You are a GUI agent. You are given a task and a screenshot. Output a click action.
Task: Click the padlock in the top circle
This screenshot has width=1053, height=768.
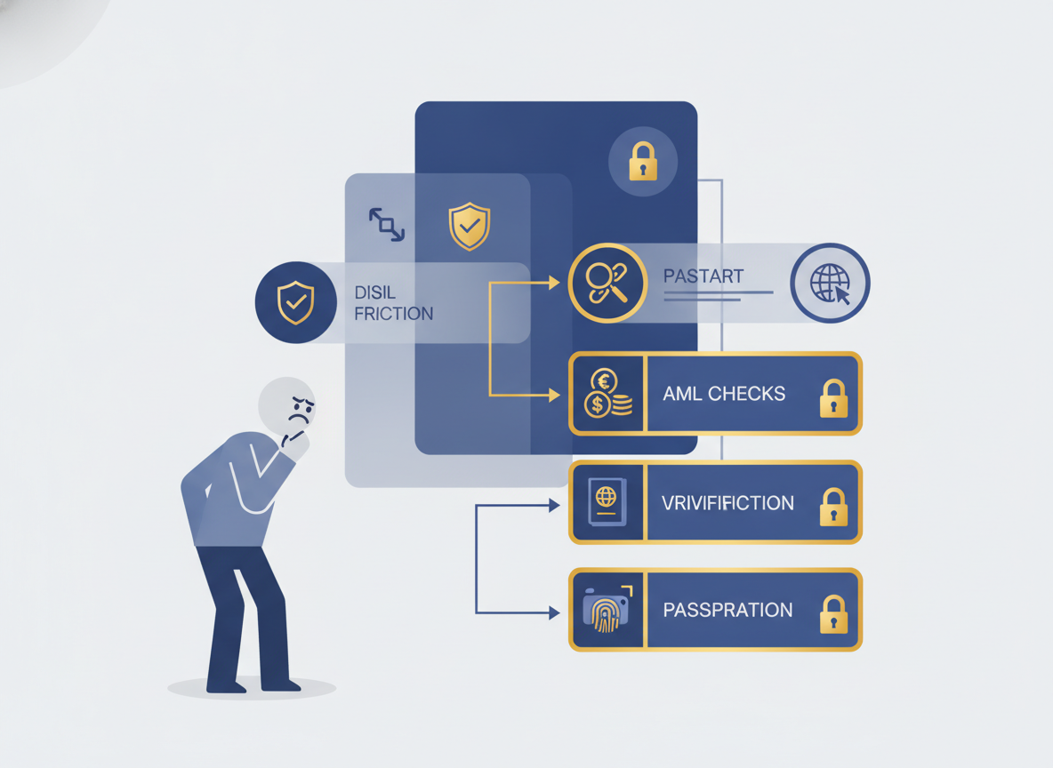point(643,161)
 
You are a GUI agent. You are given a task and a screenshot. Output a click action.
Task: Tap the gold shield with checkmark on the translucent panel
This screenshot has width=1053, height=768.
point(470,227)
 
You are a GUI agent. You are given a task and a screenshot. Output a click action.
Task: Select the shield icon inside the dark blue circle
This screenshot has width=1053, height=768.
point(295,302)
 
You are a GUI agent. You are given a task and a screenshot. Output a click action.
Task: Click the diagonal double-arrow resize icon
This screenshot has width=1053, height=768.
point(387,224)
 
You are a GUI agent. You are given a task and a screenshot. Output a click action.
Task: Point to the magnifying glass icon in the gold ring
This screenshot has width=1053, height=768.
point(607,284)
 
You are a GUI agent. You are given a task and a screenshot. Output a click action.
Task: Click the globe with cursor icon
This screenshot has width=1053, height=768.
point(830,284)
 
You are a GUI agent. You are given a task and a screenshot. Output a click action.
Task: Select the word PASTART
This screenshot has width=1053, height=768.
point(703,276)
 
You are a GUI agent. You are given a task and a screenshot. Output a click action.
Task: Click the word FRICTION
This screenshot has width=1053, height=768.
point(393,314)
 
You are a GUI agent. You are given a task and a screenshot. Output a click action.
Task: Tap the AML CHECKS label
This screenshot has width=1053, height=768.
point(724,394)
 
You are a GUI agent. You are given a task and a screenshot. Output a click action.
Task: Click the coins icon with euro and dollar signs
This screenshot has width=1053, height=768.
point(607,394)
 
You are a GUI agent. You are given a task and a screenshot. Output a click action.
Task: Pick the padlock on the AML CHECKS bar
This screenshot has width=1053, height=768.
point(833,398)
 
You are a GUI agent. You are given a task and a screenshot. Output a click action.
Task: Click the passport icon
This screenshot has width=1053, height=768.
point(607,501)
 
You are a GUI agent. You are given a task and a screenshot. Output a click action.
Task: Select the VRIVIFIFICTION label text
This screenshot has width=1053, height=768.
point(727,503)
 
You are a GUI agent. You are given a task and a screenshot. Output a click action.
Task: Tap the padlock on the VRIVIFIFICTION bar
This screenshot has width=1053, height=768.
point(833,506)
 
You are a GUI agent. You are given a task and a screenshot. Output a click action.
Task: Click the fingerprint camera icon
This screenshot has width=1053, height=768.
point(607,609)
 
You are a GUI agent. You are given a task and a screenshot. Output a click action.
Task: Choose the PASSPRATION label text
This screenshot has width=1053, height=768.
point(728,610)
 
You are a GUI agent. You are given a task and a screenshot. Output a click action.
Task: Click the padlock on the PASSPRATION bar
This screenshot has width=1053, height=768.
point(833,613)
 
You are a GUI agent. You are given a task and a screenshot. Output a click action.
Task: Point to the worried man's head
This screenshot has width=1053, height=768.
point(287,406)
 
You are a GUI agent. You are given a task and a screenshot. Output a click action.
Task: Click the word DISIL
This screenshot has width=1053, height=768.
point(374,292)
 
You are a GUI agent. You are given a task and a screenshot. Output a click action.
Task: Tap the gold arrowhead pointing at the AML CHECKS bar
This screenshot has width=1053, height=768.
point(555,396)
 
